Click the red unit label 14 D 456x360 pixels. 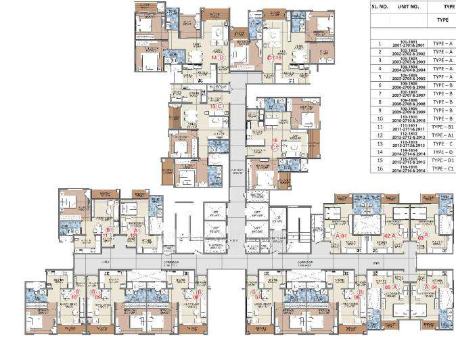pyautogui.click(x=217, y=58)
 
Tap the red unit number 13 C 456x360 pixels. pyautogui.click(x=216, y=106)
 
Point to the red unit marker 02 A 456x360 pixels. pyautogui.click(x=388, y=235)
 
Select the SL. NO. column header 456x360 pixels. pyautogui.click(x=380, y=5)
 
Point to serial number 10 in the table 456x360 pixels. pyautogui.click(x=380, y=118)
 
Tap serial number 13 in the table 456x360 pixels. pyautogui.click(x=380, y=143)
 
